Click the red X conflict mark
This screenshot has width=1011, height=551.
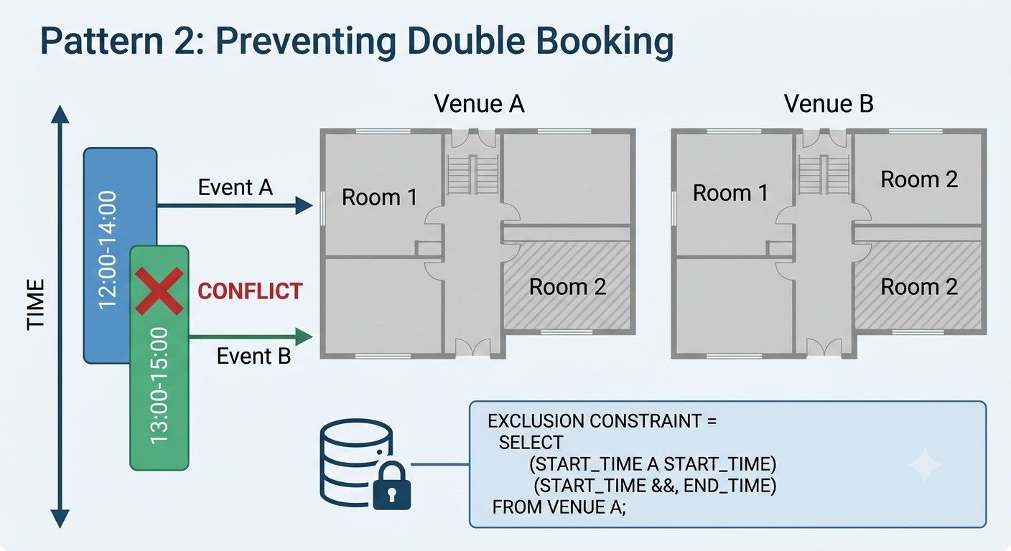159,291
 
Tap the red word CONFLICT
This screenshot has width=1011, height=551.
250,291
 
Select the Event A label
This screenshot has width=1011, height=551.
235,187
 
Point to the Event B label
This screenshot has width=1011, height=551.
253,356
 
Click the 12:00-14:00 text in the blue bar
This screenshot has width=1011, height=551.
108,250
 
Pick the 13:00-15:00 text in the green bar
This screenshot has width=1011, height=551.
159,386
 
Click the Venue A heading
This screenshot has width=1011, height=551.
480,104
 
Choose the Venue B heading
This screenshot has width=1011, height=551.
829,104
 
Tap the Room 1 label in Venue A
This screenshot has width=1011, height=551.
379,197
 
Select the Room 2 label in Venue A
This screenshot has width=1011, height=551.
567,287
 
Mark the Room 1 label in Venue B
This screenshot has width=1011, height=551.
730,192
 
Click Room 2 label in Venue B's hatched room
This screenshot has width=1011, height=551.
919,287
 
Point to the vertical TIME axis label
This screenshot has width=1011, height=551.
36,305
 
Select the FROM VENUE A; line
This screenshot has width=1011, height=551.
559,507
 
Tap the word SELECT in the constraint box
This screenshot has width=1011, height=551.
531,443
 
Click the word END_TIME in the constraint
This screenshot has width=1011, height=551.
730,486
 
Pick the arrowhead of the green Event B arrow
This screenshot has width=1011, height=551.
304,336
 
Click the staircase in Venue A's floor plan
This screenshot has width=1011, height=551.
472,175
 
